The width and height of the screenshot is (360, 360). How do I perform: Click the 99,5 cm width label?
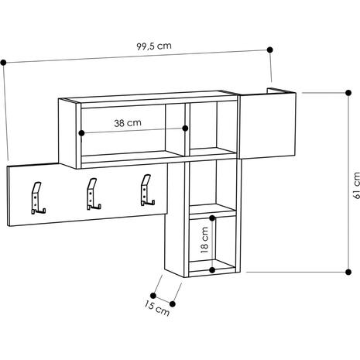(x=154, y=46)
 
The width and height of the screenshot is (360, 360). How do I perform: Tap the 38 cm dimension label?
(x=128, y=123)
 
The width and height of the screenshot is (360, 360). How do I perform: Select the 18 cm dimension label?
(x=204, y=240)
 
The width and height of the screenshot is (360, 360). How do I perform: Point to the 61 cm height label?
(x=356, y=185)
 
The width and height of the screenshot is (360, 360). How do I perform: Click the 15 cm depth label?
(x=156, y=309)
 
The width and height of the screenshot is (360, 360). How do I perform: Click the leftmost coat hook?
(x=38, y=198)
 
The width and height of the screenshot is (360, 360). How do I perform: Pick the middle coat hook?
(x=93, y=194)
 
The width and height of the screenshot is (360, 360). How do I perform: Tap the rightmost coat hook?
(x=147, y=190)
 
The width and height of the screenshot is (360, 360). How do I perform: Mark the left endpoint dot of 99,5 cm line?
(x=3, y=63)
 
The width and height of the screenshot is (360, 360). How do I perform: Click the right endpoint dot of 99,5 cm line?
(x=270, y=50)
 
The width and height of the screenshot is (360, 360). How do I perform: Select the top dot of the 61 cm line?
(x=348, y=93)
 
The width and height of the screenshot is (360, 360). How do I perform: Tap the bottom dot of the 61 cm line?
(x=348, y=272)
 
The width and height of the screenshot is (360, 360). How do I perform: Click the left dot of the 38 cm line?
(x=81, y=133)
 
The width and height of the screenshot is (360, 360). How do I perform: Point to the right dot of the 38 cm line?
(x=185, y=129)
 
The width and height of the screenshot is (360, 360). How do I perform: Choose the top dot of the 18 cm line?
(x=212, y=218)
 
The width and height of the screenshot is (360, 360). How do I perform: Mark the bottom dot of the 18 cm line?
(x=212, y=270)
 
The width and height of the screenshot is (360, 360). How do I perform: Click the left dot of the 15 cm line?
(x=153, y=296)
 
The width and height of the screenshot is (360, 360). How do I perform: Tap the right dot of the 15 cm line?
(x=173, y=304)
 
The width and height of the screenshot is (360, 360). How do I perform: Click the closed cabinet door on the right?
(x=268, y=125)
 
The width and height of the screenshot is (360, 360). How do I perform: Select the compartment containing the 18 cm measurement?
(x=212, y=244)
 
